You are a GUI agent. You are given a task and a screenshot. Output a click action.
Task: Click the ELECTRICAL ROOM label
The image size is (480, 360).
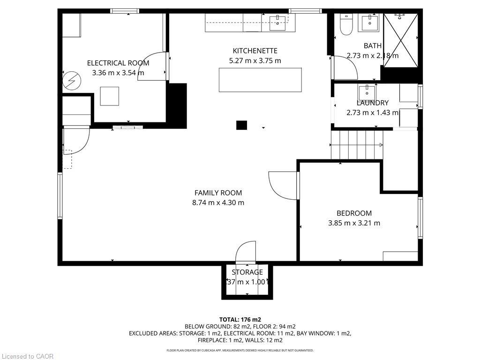click(118, 63)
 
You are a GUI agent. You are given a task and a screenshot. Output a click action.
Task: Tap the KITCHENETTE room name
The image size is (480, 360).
click(255, 51)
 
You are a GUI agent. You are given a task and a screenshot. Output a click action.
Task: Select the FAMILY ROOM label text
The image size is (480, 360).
click(218, 193)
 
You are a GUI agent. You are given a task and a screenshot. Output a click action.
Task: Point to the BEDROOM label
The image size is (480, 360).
click(354, 213)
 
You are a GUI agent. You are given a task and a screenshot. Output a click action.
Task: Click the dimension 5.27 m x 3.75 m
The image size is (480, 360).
click(255, 60)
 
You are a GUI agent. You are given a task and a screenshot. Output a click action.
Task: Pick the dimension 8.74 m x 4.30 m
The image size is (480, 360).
click(218, 202)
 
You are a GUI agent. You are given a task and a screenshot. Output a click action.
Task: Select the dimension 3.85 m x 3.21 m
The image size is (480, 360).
click(354, 223)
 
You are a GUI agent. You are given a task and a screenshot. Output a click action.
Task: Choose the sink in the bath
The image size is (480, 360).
click(370, 22)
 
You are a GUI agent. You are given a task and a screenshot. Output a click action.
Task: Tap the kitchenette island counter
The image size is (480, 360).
click(260, 80)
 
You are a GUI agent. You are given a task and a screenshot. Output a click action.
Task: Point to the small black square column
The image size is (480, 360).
click(241, 125)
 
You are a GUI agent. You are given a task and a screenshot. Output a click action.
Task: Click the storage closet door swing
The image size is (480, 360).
click(246, 252)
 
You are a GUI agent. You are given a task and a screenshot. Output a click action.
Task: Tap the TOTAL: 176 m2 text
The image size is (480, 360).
click(240, 319)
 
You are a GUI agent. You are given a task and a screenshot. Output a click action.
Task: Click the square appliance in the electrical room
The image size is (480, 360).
click(109, 96)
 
